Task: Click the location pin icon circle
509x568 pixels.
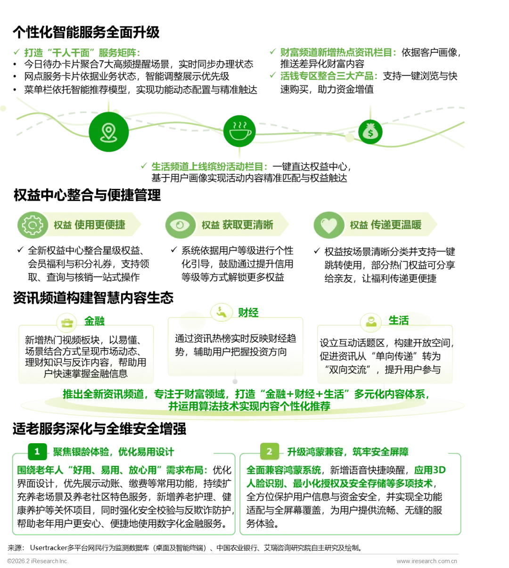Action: tap(108, 132)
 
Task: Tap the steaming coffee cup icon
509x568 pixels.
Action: tap(239, 130)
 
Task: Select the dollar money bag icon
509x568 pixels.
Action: tap(370, 131)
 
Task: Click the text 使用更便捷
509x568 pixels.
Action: tap(100, 225)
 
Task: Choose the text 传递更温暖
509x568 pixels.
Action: tap(396, 225)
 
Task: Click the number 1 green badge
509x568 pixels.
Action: tap(37, 452)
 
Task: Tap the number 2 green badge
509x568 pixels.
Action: tap(269, 452)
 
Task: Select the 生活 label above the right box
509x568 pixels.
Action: tap(398, 321)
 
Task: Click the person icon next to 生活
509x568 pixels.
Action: tap(370, 322)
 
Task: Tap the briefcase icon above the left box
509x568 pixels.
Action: tap(67, 323)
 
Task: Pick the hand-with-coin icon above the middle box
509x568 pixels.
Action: tap(221, 312)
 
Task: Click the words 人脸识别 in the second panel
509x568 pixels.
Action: tap(267, 483)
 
